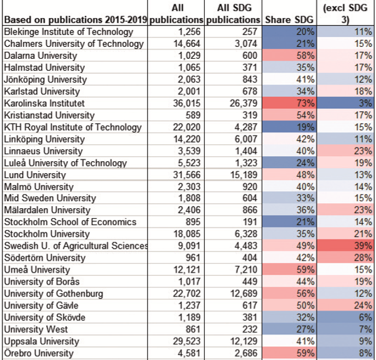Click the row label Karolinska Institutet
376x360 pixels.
[x=44, y=103]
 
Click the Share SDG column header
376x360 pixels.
[x=289, y=19]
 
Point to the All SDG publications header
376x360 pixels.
[x=234, y=14]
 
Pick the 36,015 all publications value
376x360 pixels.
[x=187, y=103]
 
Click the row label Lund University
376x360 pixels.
[x=35, y=175]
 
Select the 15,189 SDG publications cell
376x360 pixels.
[x=244, y=175]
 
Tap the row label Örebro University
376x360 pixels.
[x=39, y=353]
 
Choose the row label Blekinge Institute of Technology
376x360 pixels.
[x=69, y=32]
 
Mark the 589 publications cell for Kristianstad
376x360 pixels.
[x=193, y=115]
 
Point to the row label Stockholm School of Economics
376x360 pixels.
[x=70, y=222]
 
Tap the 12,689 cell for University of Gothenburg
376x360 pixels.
[x=244, y=294]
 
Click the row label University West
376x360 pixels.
[x=36, y=329]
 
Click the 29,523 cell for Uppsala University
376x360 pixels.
[x=187, y=341]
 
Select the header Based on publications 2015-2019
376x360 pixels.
[x=76, y=19]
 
